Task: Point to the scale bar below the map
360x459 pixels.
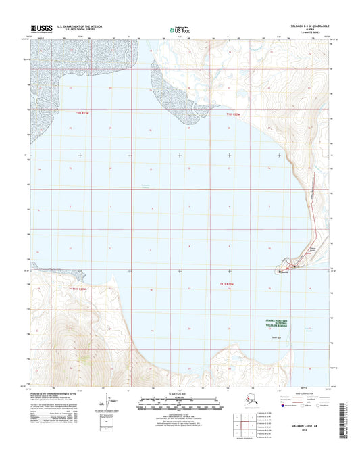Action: (180, 406)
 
